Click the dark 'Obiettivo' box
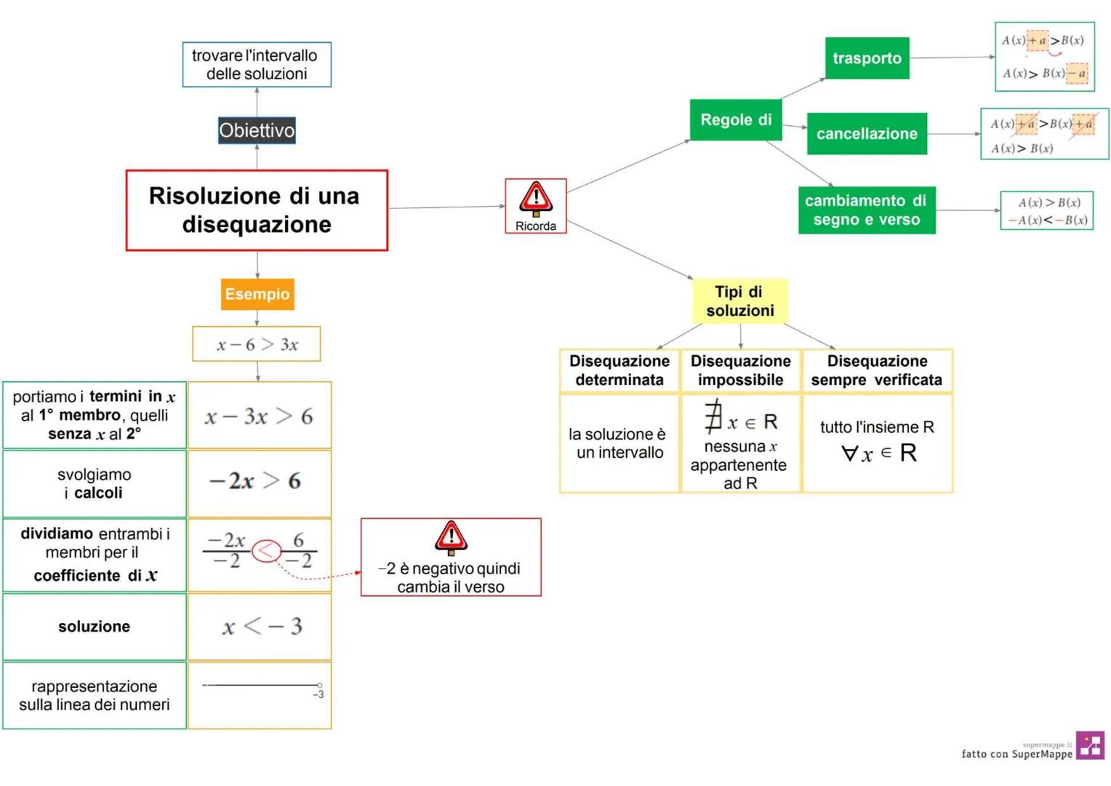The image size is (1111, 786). (257, 130)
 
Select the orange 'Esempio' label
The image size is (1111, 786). (257, 294)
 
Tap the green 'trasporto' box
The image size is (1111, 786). (867, 58)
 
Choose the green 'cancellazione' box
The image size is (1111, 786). (867, 134)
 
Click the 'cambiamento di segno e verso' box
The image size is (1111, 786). (866, 210)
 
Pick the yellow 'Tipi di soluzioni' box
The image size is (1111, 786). (739, 301)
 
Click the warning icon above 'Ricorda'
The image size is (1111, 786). (536, 198)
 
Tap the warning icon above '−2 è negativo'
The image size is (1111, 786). (451, 538)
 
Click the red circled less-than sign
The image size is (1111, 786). (266, 551)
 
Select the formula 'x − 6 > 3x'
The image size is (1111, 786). (257, 344)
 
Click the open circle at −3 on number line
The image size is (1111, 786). (319, 685)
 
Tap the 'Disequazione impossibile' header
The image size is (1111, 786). (740, 370)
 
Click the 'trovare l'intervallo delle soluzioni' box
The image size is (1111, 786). (257, 65)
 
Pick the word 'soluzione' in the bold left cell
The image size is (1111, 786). (95, 627)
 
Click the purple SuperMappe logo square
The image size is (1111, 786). (1090, 745)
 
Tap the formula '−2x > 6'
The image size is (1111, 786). (255, 481)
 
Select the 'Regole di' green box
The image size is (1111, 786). (735, 120)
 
